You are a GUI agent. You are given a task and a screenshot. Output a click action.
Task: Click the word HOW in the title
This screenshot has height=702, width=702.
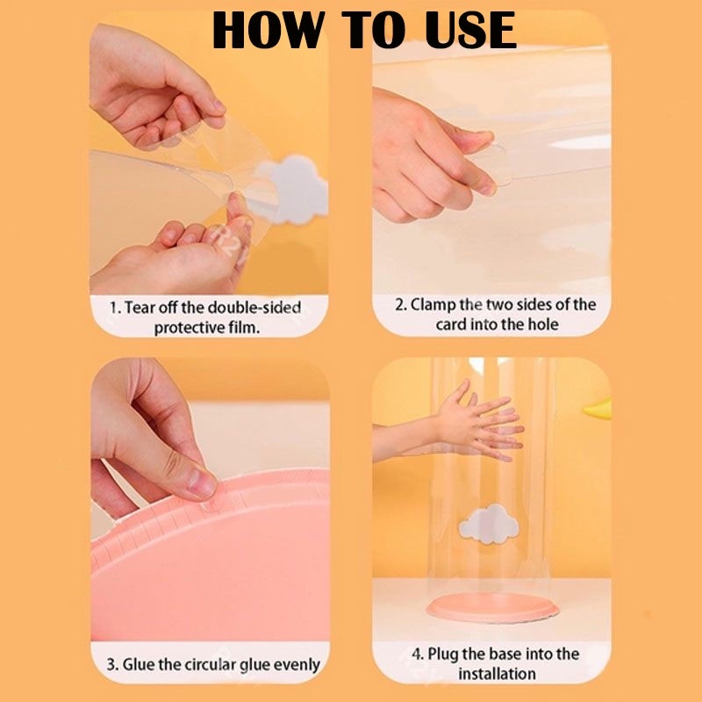[268, 30]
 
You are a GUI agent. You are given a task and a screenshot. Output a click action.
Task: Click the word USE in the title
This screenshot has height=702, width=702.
[470, 30]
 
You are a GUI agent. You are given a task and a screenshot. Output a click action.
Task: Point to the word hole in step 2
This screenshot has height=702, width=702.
[543, 324]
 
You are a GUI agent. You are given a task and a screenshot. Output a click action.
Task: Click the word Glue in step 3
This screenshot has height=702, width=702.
[139, 664]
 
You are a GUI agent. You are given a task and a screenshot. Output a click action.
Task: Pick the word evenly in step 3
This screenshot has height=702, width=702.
[297, 665]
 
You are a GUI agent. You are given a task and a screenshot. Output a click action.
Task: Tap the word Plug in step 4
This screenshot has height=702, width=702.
[443, 655]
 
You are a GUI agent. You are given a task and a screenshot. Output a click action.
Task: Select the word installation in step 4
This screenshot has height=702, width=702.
[497, 673]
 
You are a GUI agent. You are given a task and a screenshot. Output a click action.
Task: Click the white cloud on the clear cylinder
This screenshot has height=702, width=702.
[489, 524]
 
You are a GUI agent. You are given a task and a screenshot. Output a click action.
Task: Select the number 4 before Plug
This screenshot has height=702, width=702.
[417, 654]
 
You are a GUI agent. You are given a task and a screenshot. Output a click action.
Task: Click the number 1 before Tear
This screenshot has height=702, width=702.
[115, 308]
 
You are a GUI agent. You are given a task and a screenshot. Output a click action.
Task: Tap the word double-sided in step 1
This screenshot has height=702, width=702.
[254, 308]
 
